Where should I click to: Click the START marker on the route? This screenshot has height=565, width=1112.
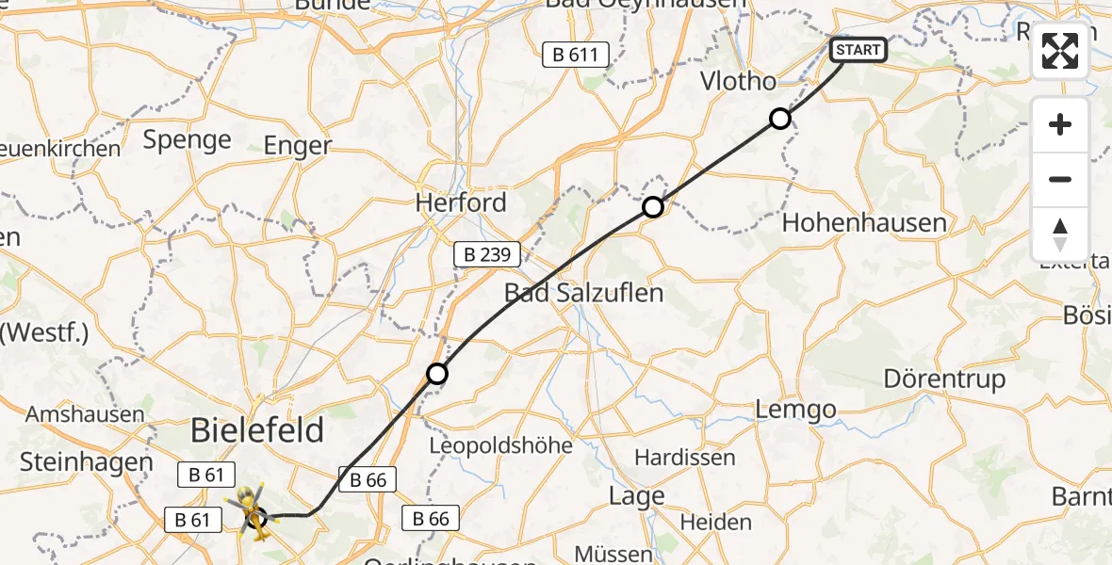pyautogui.click(x=858, y=50)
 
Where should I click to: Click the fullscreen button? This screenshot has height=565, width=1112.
pyautogui.click(x=1060, y=51)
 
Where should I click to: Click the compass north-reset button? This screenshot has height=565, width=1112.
pyautogui.click(x=1060, y=234)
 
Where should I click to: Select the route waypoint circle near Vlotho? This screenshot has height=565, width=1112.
pyautogui.click(x=780, y=119)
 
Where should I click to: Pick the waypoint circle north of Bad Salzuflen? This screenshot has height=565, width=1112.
pyautogui.click(x=653, y=206)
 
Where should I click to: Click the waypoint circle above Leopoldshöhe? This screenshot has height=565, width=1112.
pyautogui.click(x=437, y=374)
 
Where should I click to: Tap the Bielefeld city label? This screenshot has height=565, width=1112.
pyautogui.click(x=257, y=431)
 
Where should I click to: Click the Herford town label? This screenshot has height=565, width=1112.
pyautogui.click(x=462, y=202)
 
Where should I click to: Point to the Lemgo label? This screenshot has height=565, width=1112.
pyautogui.click(x=796, y=410)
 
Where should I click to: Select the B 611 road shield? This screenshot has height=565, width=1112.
pyautogui.click(x=576, y=55)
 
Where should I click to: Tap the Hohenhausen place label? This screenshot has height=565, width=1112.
pyautogui.click(x=864, y=223)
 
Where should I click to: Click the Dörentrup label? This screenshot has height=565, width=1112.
pyautogui.click(x=945, y=379)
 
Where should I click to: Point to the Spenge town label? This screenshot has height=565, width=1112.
pyautogui.click(x=188, y=140)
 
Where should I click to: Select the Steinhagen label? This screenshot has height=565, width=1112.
pyautogui.click(x=86, y=462)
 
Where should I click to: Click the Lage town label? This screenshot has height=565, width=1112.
pyautogui.click(x=637, y=496)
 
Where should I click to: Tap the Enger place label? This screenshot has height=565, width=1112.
pyautogui.click(x=298, y=145)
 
